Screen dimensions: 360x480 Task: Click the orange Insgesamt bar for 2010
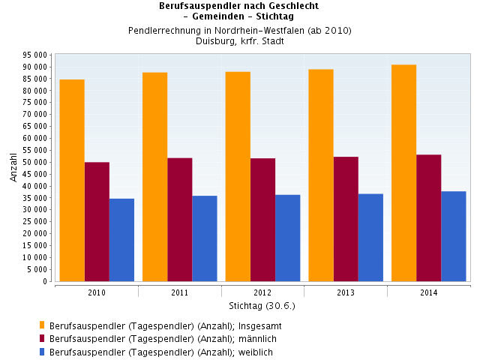(x=72, y=180)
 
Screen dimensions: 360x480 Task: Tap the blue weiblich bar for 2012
(x=288, y=238)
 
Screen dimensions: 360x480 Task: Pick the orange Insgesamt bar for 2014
(x=403, y=172)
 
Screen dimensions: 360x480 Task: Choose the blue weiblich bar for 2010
(x=121, y=240)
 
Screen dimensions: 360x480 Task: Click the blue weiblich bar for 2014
(x=454, y=236)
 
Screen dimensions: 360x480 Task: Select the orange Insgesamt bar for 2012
(x=238, y=176)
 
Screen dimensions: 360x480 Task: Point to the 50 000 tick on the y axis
(x=36, y=162)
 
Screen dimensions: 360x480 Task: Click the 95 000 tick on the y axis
(x=36, y=55)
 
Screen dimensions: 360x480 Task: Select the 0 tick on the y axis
(x=46, y=281)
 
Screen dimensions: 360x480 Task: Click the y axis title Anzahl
(x=13, y=166)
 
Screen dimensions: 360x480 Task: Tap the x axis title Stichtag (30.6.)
(x=262, y=306)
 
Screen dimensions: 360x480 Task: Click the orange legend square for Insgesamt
(x=42, y=325)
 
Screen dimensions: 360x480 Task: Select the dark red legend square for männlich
(x=42, y=338)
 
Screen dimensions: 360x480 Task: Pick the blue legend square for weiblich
(x=42, y=351)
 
